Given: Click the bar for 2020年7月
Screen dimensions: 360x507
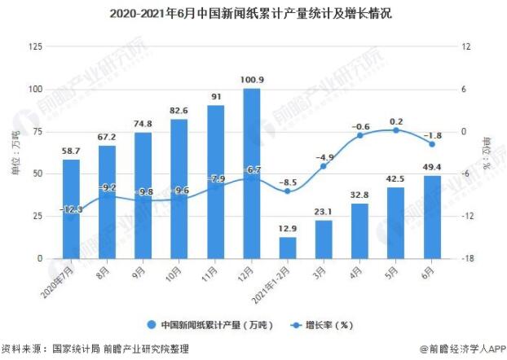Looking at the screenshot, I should [72, 209].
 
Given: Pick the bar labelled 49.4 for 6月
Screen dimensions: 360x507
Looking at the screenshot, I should [431, 217].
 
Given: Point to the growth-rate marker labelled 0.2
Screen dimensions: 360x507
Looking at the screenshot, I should [395, 130].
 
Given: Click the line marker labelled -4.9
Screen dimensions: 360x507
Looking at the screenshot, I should [324, 166].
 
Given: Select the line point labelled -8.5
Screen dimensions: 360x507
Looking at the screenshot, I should [288, 191].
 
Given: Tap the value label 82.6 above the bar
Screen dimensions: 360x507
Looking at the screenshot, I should [179, 110].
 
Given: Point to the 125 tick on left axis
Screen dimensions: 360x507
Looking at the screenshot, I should [35, 46].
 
